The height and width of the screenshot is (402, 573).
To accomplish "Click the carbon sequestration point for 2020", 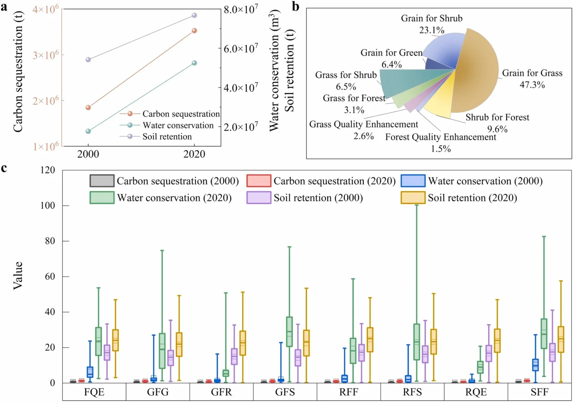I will pos(194,31).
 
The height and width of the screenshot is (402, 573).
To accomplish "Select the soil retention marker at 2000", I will pos(88,60).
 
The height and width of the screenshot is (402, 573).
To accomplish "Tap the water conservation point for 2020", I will pos(194,63).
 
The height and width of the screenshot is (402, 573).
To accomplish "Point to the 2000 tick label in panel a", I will pos(88,154).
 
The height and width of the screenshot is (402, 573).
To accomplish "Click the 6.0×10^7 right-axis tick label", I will pos(241,48).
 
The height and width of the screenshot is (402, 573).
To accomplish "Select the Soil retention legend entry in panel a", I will pos(167,137).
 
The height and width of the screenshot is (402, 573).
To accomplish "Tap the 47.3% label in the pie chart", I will pos(532,85).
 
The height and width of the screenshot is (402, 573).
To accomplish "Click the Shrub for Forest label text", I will pos(497,117).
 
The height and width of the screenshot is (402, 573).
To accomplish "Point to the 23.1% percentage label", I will pos(431,30).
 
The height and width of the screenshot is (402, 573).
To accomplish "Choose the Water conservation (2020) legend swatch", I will pos(102,198).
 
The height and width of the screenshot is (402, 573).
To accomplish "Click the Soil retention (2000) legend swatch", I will pos(259,198).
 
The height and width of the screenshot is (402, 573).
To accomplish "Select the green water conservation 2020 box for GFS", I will pos(289,332).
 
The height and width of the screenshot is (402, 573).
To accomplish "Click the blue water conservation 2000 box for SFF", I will pos(535,365).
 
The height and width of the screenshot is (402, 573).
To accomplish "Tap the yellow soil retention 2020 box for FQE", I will pos(115,340).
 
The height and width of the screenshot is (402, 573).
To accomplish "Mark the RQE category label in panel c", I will pos(476,392).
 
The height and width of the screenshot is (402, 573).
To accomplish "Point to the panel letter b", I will pos(295,7).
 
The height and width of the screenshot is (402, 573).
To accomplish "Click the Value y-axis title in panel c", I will pos(18,275).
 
